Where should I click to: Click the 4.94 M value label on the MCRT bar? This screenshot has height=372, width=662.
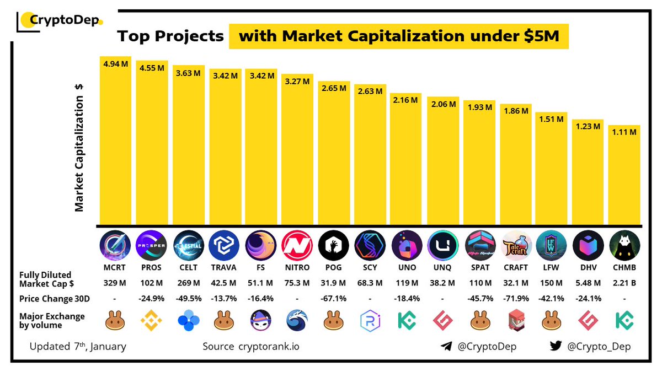pos(115,64)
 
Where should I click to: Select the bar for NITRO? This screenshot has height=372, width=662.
pos(297,154)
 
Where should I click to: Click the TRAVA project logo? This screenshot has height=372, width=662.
pos(224,245)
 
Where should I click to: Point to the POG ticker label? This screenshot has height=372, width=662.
pos(333,267)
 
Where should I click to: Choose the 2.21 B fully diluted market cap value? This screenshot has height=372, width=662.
pos(624,284)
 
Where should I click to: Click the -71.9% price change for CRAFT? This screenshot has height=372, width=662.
pos(515,299)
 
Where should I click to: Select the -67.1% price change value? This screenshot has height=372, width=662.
pos(333,299)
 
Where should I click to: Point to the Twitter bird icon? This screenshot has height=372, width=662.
pos(556,346)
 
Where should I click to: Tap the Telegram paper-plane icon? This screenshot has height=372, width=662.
pos(446,347)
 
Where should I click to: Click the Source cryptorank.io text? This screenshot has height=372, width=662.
pos(251,347)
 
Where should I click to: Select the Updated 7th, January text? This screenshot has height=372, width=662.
pos(78,347)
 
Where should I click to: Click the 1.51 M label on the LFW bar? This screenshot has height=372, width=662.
pos(552,119)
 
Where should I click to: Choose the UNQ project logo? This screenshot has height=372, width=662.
pos(442,245)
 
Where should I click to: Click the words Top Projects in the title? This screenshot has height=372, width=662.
pos(170,37)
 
